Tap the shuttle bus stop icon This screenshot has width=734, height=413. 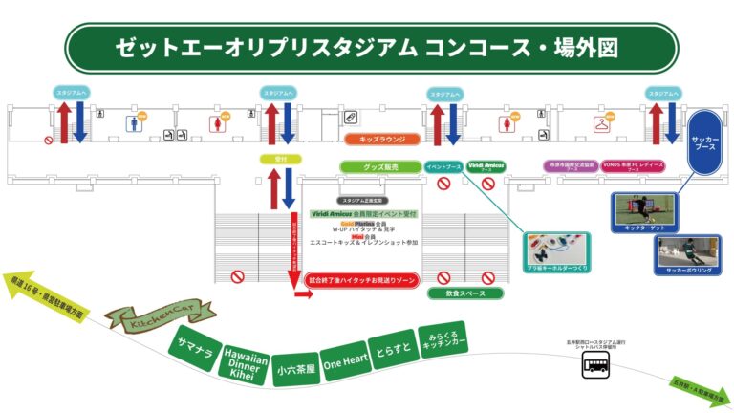click(599, 364)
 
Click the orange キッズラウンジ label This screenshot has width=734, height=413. click(382, 140)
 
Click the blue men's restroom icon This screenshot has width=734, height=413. click(133, 122)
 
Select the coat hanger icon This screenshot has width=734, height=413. click(601, 123)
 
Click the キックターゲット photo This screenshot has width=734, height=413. click(643, 211)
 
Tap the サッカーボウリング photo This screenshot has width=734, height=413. click(685, 253)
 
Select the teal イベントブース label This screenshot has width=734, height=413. click(443, 166)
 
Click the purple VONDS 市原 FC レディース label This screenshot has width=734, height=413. click(633, 165)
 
